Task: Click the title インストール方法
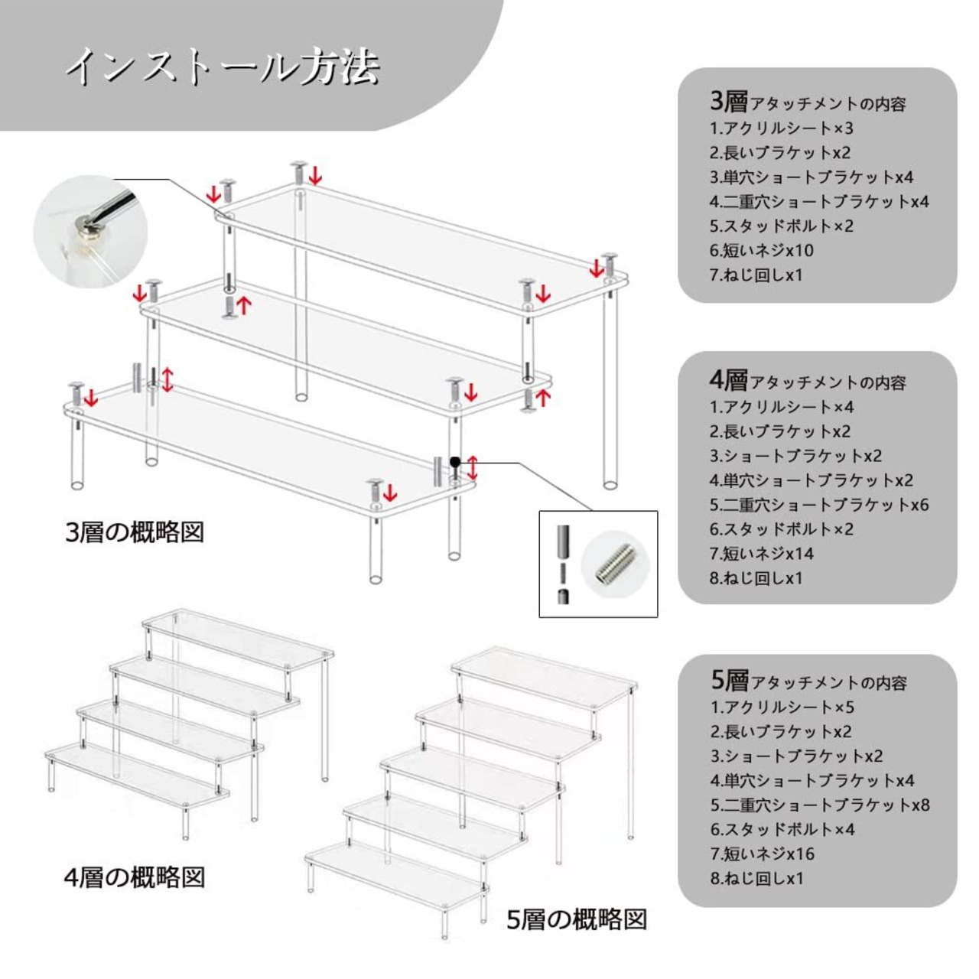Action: [x=222, y=67]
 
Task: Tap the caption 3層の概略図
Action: [x=135, y=532]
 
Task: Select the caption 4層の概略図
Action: [x=135, y=877]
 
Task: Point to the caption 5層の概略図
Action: [x=577, y=919]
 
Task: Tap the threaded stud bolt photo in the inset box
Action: [x=610, y=564]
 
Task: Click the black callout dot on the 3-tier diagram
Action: [x=455, y=462]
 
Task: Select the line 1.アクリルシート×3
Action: [x=781, y=128]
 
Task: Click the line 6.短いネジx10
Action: [x=761, y=250]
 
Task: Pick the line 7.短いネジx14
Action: [x=761, y=553]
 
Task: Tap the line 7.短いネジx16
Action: [x=762, y=854]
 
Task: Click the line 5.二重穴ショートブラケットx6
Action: [x=819, y=504]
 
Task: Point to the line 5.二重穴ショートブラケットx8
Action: [x=820, y=805]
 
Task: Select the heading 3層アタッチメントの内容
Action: [x=808, y=102]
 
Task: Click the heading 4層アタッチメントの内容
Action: [x=808, y=381]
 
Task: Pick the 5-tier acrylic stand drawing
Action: [x=474, y=788]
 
